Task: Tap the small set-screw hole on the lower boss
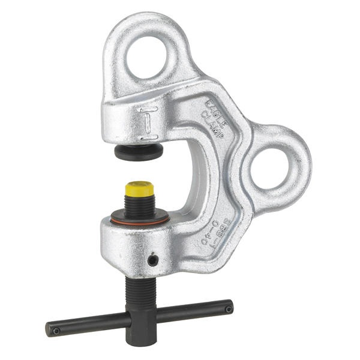(153, 260)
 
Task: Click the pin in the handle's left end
(55, 330)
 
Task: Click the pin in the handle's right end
(228, 308)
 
